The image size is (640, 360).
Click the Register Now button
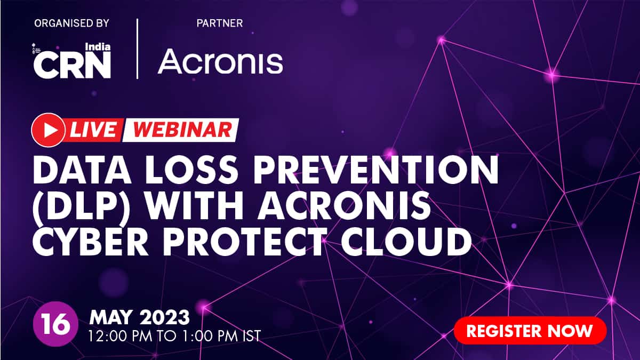530,331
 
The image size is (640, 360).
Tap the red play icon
49,130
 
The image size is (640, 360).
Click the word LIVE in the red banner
93,130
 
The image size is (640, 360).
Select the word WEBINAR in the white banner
182,130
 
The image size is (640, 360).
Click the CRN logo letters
72,66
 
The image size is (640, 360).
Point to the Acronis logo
220,61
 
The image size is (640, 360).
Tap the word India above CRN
98,46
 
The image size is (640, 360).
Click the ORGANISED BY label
71,23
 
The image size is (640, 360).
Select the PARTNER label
220,23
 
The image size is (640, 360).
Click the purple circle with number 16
55,324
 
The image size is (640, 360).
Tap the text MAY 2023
139,317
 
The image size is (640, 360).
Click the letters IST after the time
252,336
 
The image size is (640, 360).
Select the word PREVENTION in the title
376,170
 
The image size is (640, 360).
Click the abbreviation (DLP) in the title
82,206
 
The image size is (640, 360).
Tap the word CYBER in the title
90,242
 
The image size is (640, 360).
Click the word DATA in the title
82,170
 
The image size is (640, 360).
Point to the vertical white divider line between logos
138,49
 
